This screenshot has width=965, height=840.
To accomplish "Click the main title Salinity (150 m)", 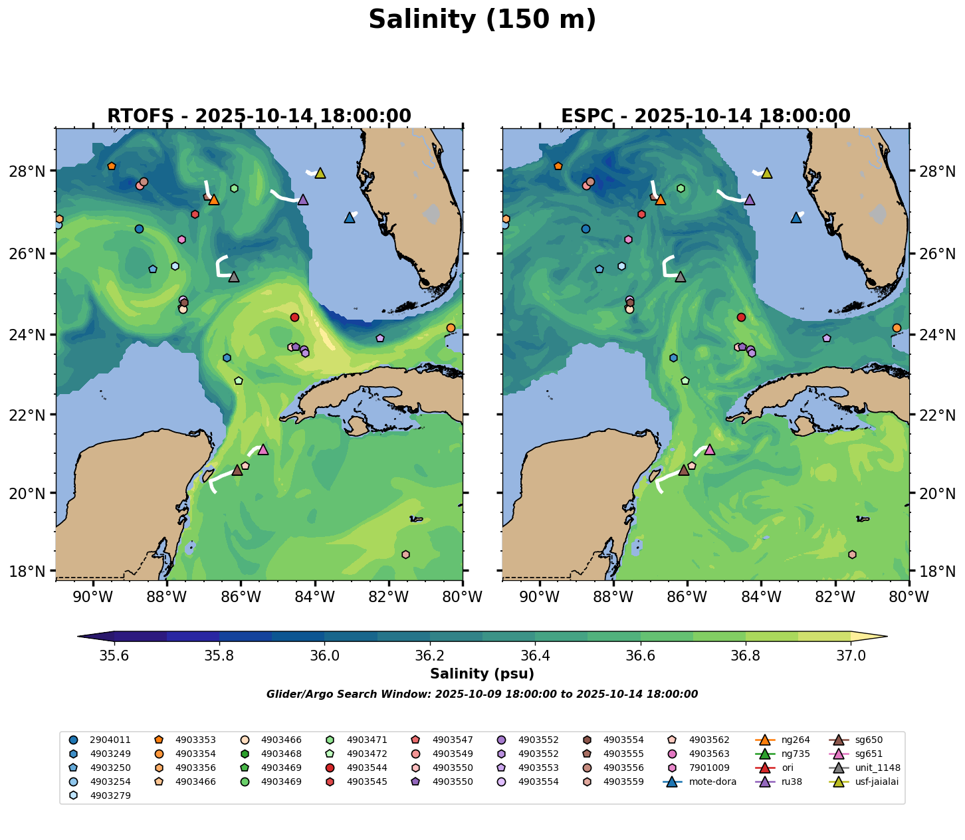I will click(x=482, y=20).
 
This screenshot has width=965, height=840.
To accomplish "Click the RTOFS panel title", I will click(x=259, y=116).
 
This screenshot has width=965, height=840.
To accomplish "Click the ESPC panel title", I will click(x=706, y=116).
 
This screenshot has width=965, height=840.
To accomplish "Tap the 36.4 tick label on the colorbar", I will click(x=535, y=656).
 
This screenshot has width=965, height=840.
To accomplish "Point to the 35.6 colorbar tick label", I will click(x=114, y=656).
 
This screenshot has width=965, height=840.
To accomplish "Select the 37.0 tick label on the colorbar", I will click(x=850, y=656).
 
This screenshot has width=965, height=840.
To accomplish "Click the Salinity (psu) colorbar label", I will click(x=482, y=674).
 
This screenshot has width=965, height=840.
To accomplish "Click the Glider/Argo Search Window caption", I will click(x=482, y=694).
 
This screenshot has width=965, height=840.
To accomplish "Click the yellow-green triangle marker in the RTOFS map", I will click(x=320, y=173).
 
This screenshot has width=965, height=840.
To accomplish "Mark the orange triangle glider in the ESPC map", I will click(x=660, y=199).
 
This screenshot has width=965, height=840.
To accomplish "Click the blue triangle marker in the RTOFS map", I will click(x=350, y=218).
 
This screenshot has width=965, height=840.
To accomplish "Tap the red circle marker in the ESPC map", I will click(x=741, y=317).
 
